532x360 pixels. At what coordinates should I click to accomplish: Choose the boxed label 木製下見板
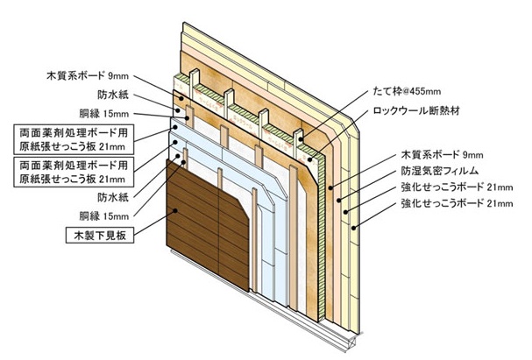tap(103, 235)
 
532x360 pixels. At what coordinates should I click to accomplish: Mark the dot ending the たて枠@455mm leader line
tap(298, 138)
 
